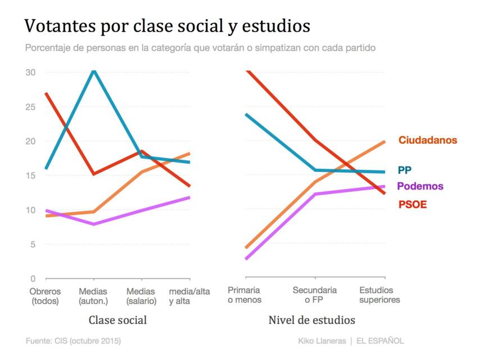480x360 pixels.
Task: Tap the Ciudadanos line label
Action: tap(428, 140)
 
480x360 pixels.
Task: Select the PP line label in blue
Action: tap(405, 169)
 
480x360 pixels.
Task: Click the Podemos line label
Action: tap(420, 186)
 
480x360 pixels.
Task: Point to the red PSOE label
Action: tap(413, 205)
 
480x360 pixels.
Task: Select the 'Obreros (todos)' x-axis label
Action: tap(46, 296)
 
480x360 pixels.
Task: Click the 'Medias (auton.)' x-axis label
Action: tap(94, 296)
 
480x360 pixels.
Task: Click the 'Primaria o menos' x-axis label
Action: tap(244, 295)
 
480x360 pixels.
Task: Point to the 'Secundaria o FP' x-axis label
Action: tap(314, 295)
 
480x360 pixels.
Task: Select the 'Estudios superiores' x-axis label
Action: tap(380, 295)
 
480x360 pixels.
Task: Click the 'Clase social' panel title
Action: tap(118, 320)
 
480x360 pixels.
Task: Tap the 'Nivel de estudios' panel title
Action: tap(311, 320)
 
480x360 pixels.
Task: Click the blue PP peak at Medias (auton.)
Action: tap(94, 71)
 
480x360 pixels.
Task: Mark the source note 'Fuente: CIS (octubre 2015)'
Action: tap(73, 341)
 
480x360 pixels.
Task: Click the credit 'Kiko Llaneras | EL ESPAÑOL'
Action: tap(351, 341)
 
